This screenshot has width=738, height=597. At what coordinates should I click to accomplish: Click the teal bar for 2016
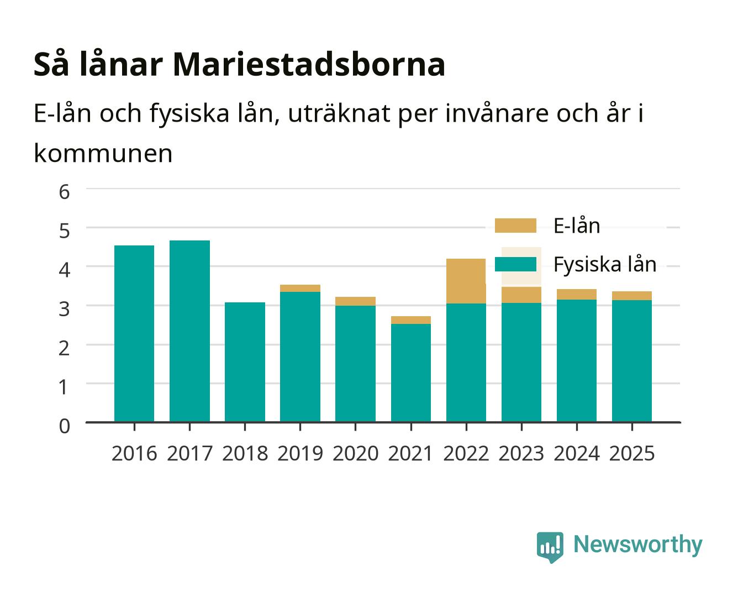134,333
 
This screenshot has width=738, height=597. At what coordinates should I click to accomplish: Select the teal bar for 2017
189,331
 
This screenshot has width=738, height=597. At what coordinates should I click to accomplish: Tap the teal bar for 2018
245,362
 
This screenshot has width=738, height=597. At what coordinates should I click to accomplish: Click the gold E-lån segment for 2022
466,281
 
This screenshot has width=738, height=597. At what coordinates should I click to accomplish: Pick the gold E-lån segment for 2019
300,288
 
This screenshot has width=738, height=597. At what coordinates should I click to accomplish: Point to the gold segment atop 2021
411,320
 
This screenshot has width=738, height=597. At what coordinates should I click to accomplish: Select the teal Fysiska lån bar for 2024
577,360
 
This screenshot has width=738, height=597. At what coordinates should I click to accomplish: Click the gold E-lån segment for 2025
631,296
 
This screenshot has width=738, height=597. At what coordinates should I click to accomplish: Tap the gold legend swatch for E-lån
515,226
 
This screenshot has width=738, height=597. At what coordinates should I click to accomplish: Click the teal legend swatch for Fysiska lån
515,264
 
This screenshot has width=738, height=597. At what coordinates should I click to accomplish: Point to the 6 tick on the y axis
65,192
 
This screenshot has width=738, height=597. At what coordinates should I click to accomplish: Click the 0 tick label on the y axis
65,426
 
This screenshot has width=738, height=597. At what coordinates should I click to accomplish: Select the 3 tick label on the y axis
65,309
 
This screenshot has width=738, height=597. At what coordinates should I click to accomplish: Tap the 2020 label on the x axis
356,453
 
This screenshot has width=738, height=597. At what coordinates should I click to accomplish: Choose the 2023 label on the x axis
521,453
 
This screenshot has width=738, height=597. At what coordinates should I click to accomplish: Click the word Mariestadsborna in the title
309,64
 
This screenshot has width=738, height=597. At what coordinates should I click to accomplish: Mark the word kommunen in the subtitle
103,154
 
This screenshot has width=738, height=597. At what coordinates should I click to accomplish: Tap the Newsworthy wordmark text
638,545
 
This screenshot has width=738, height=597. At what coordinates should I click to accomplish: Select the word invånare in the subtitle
497,113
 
